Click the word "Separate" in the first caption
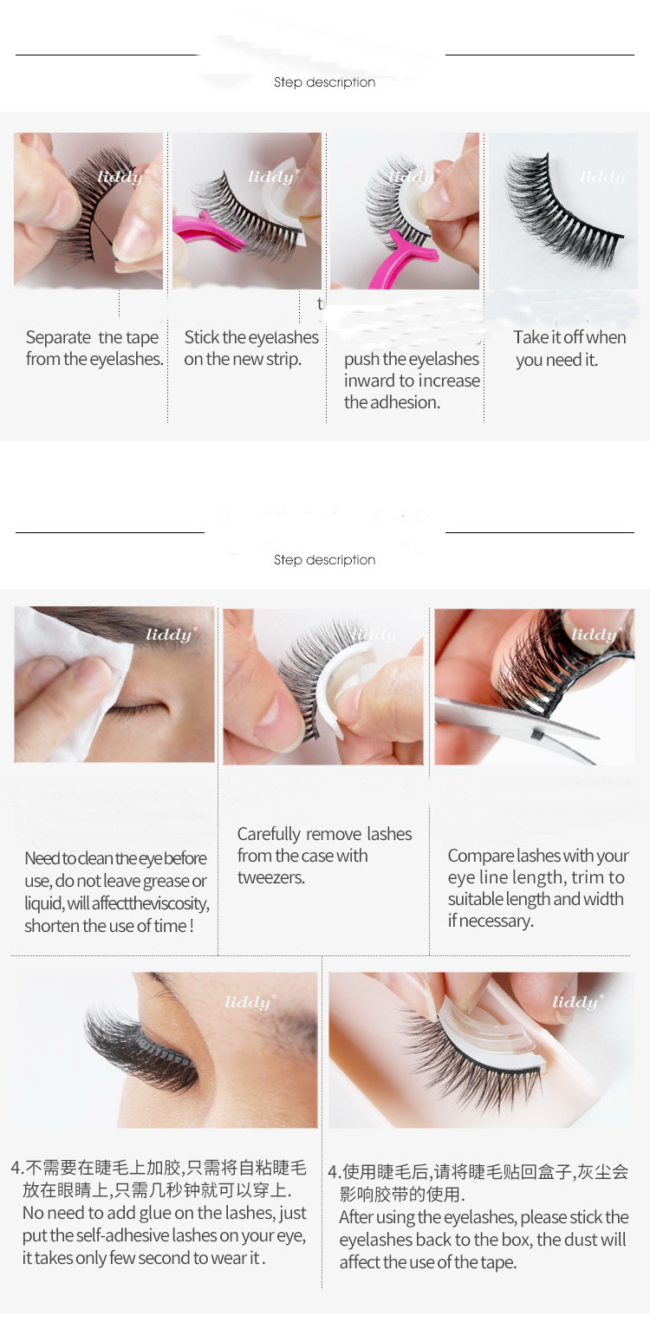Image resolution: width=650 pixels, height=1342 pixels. click(58, 338)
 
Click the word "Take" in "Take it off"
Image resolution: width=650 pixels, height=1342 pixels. click(530, 338)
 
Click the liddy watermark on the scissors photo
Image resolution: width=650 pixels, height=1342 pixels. click(594, 635)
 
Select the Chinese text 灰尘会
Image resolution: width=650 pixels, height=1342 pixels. click(603, 1172)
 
